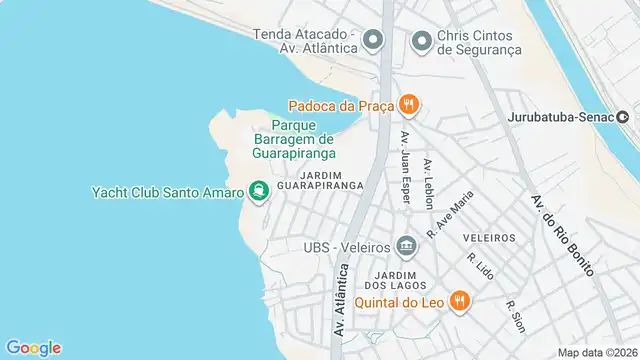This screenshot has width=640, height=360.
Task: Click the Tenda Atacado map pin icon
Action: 374,41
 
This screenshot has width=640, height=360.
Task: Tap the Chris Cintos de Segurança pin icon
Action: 422,41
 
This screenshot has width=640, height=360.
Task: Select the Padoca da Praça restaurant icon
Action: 408,104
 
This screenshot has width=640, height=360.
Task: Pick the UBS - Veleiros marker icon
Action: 406,245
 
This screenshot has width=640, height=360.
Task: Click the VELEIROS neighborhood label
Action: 490,237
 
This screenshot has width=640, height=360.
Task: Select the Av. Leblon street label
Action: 428,184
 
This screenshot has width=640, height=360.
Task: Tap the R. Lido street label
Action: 476,266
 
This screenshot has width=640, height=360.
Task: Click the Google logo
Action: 32,347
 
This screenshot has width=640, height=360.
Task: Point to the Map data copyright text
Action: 597,352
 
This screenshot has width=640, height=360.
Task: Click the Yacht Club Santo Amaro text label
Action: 166,192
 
